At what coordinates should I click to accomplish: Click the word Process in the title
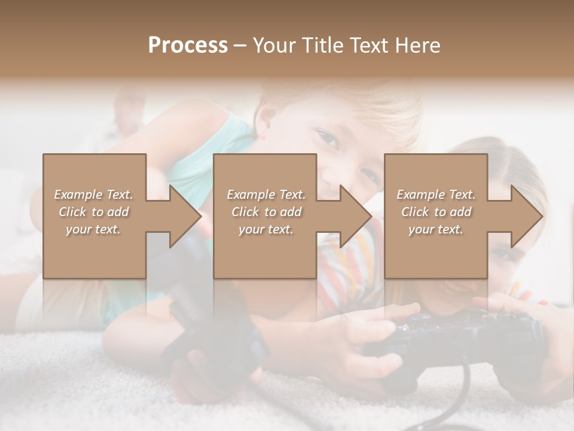tap(188, 45)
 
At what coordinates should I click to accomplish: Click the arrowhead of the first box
tap(185, 216)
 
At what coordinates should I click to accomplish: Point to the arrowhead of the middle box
tap(355, 216)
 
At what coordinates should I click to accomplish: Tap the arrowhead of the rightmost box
tap(526, 216)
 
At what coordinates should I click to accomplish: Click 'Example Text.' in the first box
tap(94, 195)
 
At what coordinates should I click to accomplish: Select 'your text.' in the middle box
tap(265, 229)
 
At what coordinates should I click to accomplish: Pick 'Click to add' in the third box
tap(436, 212)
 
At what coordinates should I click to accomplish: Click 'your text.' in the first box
tap(93, 229)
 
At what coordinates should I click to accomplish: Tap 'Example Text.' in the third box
tap(436, 195)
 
